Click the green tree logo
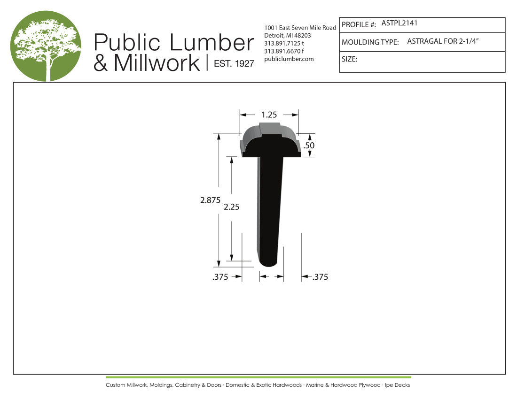point(46,46)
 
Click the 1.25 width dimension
point(269,115)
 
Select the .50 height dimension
point(309,145)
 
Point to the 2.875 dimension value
point(211,200)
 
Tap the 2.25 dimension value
point(231,207)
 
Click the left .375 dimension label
point(220,277)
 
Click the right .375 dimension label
point(320,277)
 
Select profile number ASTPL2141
point(399,23)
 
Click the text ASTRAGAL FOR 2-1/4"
point(443,41)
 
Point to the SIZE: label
point(350,59)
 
